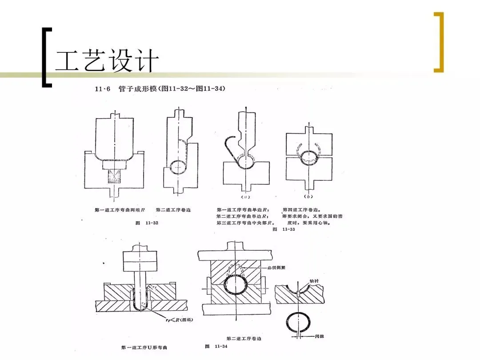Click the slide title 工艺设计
tap(107, 61)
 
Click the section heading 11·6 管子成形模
tap(160, 89)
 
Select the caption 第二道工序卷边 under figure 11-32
tap(173, 210)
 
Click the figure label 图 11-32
tap(147, 223)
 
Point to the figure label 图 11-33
tap(284, 229)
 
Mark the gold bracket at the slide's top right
tap(439, 42)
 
